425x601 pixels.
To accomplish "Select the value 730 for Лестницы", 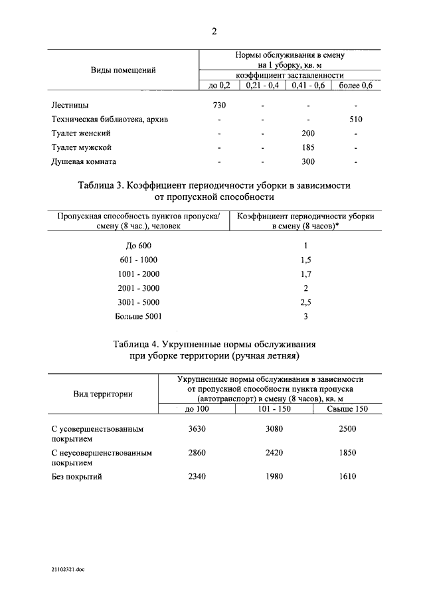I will [219, 106].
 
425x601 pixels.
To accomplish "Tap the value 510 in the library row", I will [356, 120].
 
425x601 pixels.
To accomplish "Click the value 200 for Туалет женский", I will [307, 133].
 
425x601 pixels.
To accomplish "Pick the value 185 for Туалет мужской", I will [307, 147].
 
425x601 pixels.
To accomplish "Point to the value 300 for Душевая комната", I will [307, 161].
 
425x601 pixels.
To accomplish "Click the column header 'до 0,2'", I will [219, 86].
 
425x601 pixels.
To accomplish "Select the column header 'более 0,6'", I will [356, 86].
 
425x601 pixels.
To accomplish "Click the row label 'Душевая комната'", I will [84, 161].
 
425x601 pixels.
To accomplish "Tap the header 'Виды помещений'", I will [123, 70].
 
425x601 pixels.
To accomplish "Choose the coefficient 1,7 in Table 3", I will [305, 274].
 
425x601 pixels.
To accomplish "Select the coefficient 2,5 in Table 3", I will [305, 302].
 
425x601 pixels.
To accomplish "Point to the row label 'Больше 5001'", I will [138, 316].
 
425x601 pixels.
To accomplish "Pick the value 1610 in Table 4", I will [347, 477].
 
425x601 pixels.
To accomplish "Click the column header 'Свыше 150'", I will [347, 409].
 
